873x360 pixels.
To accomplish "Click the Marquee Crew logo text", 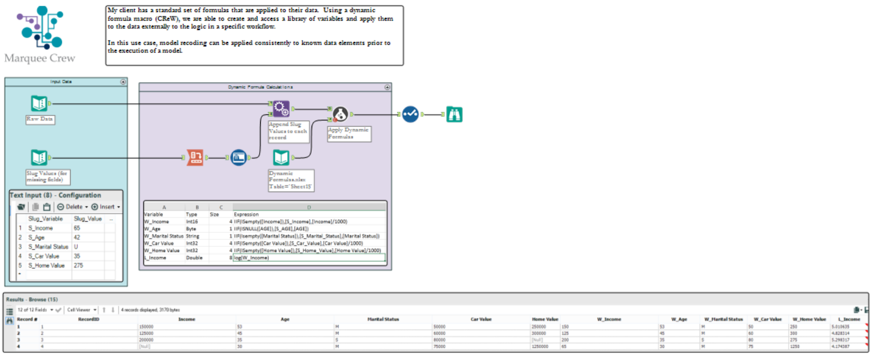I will [39, 58].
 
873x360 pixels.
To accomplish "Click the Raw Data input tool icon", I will [39, 103].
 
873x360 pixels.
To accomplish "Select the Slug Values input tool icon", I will [39, 157].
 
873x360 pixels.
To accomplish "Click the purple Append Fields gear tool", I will [281, 109].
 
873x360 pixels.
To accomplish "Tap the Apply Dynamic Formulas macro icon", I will [340, 114].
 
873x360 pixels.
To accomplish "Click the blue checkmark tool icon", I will [410, 114].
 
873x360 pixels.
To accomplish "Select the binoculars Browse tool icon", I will [454, 114].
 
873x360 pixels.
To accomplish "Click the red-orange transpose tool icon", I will [195, 157].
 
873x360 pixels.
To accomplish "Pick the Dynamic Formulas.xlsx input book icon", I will [281, 157].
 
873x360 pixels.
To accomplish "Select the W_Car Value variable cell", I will [159, 243].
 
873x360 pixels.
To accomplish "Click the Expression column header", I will [246, 214].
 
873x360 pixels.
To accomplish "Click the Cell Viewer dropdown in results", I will [81, 310].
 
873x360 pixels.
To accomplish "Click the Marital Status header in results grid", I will [383, 319].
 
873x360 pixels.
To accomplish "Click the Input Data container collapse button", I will [123, 82].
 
